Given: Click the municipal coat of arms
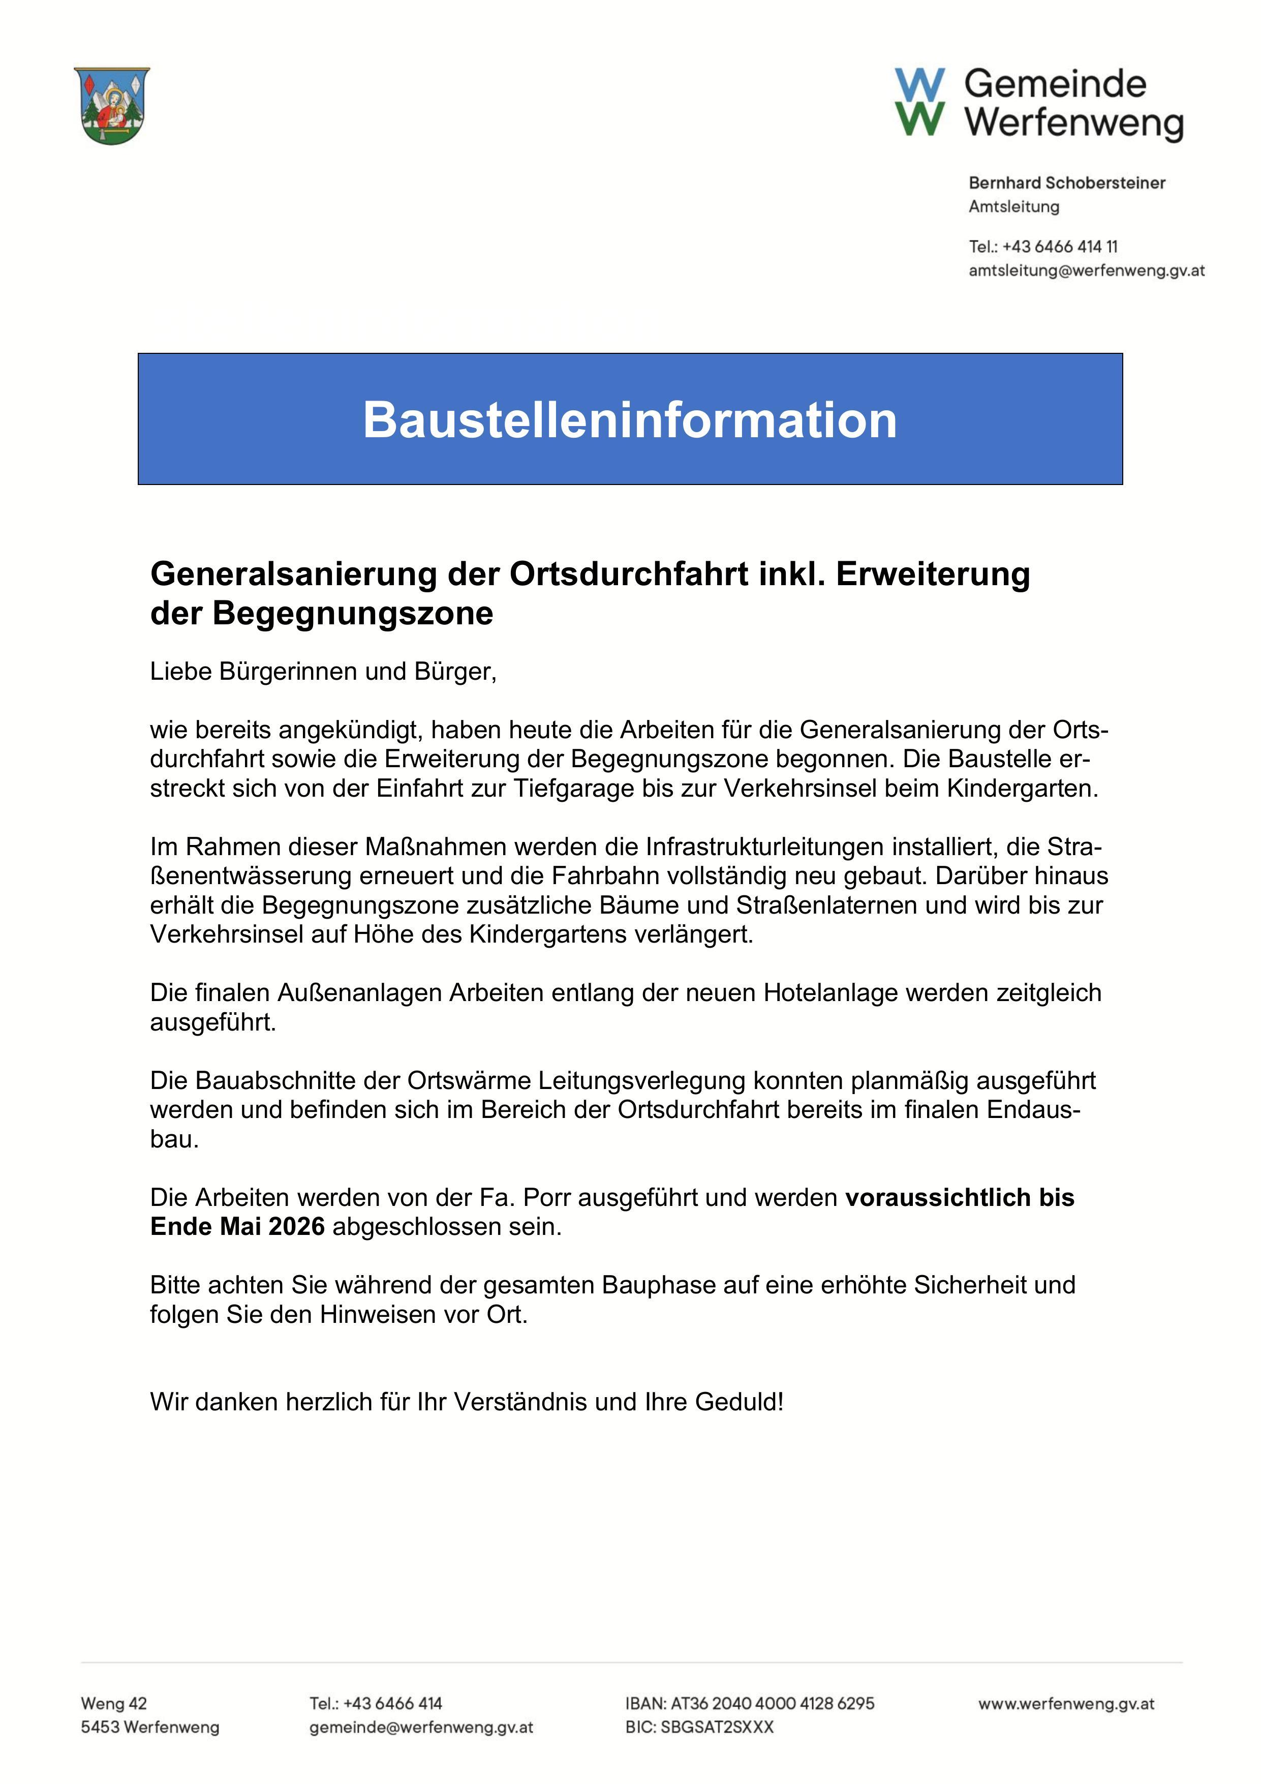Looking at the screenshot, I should (112, 105).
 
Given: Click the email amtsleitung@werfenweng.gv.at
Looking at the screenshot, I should (1086, 270).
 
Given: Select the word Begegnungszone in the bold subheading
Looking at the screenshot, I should (353, 613).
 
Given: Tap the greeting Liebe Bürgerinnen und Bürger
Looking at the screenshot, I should (323, 671).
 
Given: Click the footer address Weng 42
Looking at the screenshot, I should (113, 1704).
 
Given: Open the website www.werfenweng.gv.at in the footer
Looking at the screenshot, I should (1066, 1704).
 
